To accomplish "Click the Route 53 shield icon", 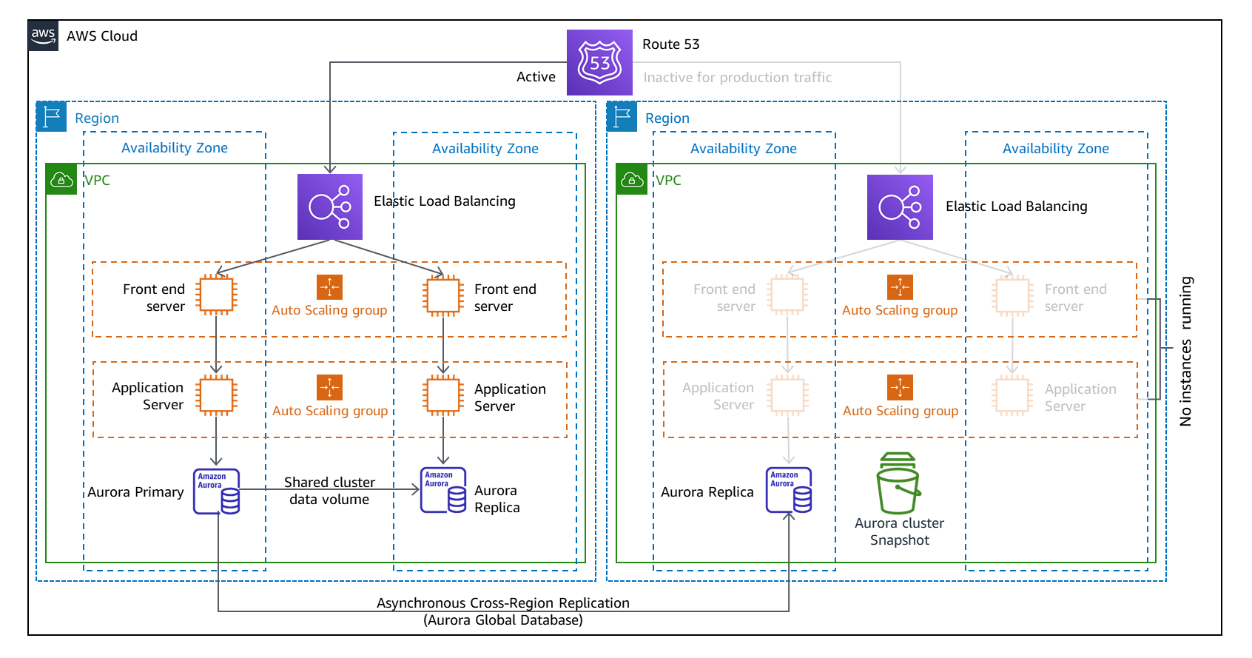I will coord(599,62).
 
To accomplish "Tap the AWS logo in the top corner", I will coord(43,36).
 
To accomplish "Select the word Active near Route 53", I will coord(536,77).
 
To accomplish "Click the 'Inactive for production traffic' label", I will coord(737,78).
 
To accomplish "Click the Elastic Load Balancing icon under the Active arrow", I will coord(330,207).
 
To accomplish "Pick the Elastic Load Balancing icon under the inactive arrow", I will coord(900,207).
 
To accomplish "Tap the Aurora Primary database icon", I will coord(216,491).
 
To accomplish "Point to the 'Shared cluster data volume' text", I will coord(329,491).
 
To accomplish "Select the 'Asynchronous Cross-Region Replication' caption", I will coord(502,603).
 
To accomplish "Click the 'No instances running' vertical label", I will coord(1185,352).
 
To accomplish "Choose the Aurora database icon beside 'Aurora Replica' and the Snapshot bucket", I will coord(789,490).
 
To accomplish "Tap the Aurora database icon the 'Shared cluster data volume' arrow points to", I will coord(443,490).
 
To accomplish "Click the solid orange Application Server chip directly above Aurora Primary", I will coord(216,395).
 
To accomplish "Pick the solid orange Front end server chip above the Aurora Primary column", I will coord(216,295).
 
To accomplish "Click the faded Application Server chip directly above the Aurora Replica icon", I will coord(787,395).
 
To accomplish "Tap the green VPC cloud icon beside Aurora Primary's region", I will coord(61,180).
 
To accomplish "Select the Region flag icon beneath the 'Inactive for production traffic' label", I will coord(622,117).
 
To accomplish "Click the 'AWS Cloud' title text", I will coord(102,36).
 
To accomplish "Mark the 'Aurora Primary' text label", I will coord(135,492).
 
